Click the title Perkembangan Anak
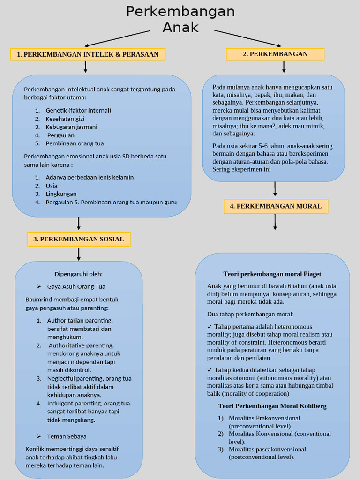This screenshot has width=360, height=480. (x=180, y=19)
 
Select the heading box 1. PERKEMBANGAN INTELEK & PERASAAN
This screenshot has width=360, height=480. (x=88, y=54)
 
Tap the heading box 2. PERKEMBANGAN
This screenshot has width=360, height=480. (x=275, y=54)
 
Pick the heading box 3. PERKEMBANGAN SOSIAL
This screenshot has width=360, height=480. (x=79, y=239)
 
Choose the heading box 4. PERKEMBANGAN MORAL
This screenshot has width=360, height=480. (x=276, y=206)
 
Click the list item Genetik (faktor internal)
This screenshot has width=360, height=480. (x=78, y=110)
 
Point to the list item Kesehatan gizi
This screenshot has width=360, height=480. (x=65, y=119)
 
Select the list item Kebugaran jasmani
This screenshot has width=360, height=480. (x=71, y=127)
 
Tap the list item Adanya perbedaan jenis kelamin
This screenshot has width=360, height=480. (x=90, y=177)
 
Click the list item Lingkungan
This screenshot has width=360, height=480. (x=61, y=194)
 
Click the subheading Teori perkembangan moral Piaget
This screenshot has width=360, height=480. (x=272, y=274)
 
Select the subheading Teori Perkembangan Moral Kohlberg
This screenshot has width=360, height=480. (x=272, y=406)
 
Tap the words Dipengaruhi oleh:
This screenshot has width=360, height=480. (x=79, y=274)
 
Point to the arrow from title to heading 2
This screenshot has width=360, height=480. (x=247, y=38)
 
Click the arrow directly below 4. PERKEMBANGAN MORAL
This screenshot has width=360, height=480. (x=275, y=222)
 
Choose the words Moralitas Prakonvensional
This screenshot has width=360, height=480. (x=264, y=418)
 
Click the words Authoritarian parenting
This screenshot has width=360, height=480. (x=80, y=321)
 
